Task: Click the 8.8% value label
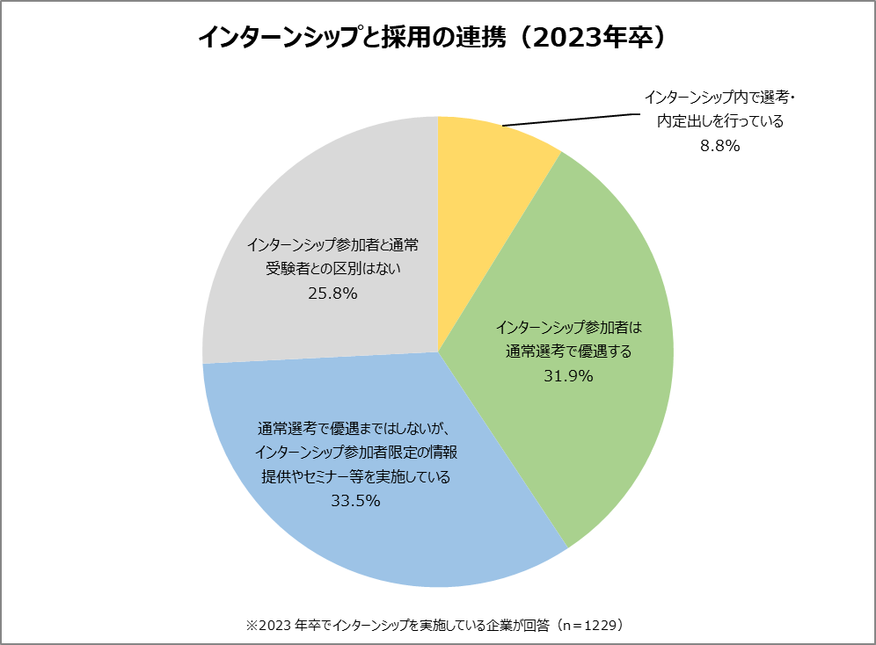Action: [x=719, y=147]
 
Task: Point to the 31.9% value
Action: [x=570, y=377]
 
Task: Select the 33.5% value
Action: [x=355, y=501]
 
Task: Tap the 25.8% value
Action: [x=332, y=294]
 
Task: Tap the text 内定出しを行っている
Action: [x=719, y=121]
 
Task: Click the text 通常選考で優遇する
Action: [x=570, y=352]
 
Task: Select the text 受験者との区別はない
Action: [x=333, y=269]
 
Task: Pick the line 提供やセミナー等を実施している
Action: [x=355, y=477]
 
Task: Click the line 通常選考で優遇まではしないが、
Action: [x=354, y=429]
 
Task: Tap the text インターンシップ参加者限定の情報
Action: [x=355, y=453]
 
